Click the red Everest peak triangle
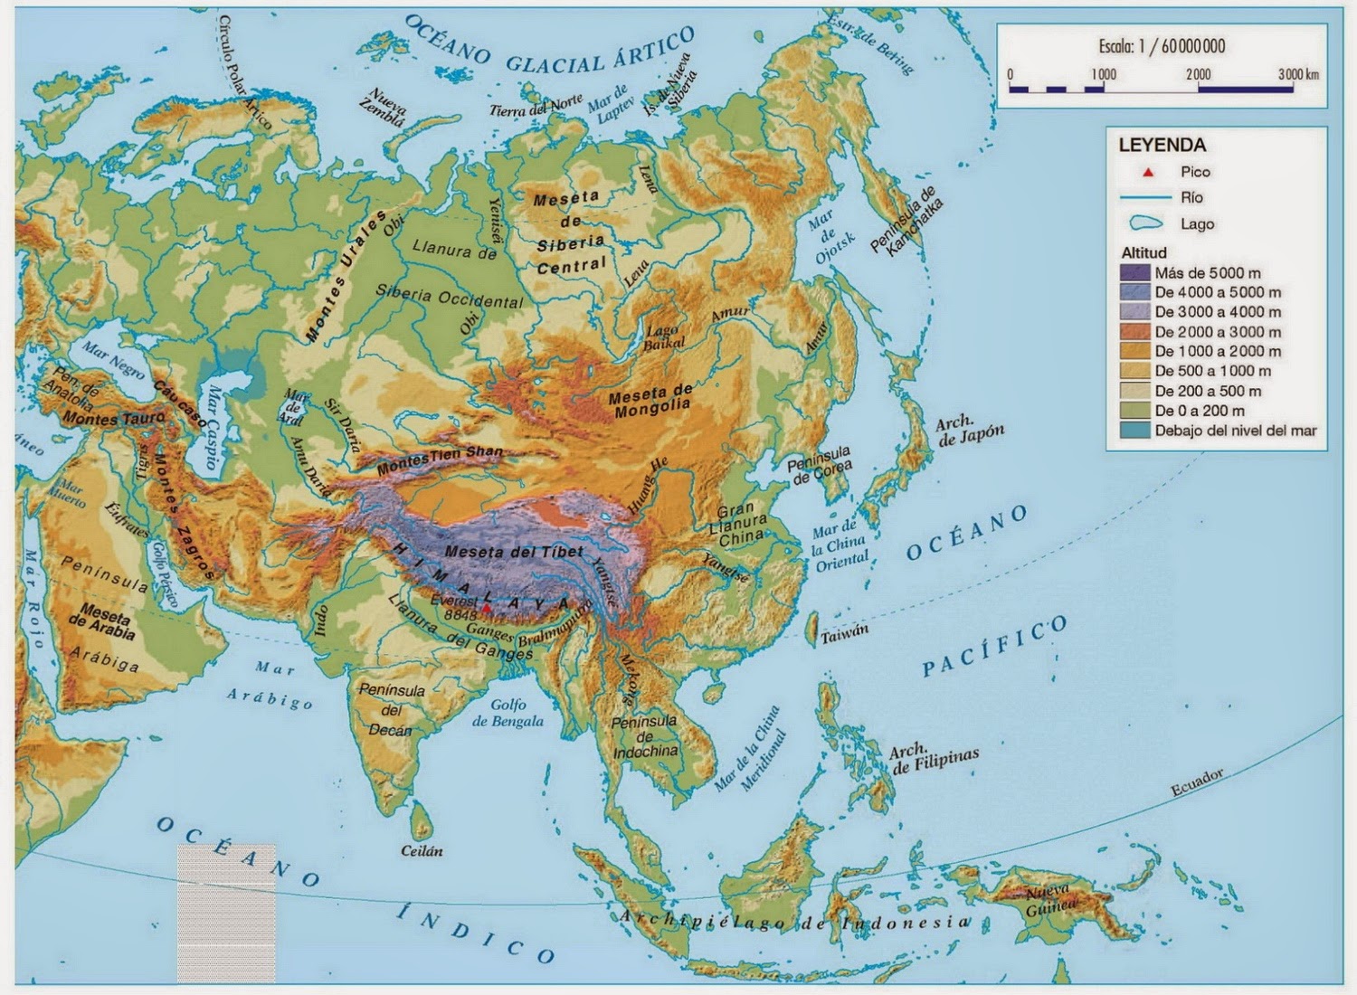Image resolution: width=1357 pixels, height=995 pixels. (488, 609)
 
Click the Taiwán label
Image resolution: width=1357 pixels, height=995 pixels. (844, 636)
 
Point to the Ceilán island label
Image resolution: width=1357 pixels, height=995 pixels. (422, 851)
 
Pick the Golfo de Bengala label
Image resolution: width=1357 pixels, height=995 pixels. (508, 713)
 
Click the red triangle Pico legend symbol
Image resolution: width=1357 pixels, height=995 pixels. (1148, 172)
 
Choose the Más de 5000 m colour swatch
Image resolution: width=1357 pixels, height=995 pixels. (1134, 272)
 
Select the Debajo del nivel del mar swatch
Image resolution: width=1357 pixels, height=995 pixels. (1134, 431)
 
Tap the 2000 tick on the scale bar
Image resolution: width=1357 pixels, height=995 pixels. (1198, 74)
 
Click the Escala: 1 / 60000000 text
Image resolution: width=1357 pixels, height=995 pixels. (1162, 46)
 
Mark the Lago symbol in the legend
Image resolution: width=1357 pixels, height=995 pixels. (1145, 223)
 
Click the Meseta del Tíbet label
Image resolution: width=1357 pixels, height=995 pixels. (515, 552)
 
